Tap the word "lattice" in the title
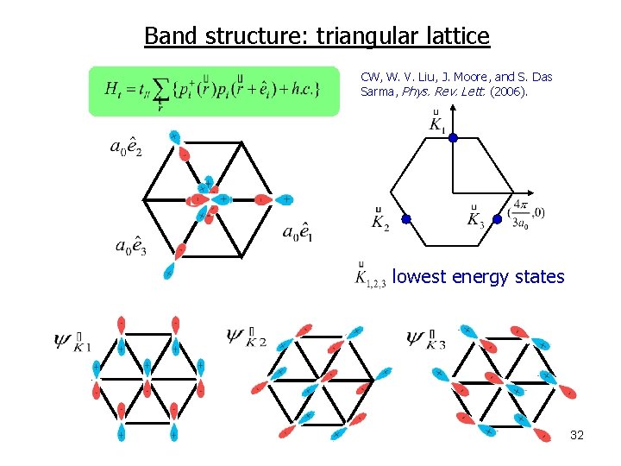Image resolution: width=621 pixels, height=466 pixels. tap(457, 36)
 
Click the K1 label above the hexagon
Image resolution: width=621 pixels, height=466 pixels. tap(437, 123)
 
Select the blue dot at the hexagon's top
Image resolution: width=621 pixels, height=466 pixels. tap(453, 137)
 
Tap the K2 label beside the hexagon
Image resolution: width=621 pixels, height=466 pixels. tap(380, 221)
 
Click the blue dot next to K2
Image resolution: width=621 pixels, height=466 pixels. tap(406, 219)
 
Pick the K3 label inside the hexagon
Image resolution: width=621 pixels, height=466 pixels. tap(474, 218)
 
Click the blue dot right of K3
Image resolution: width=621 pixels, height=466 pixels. tap(498, 219)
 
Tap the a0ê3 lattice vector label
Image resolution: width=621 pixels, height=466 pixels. tap(131, 245)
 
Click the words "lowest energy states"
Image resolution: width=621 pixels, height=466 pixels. tap(478, 277)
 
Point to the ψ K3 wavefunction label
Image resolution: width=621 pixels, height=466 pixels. tap(426, 339)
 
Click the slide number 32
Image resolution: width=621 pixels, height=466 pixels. tap(577, 435)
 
